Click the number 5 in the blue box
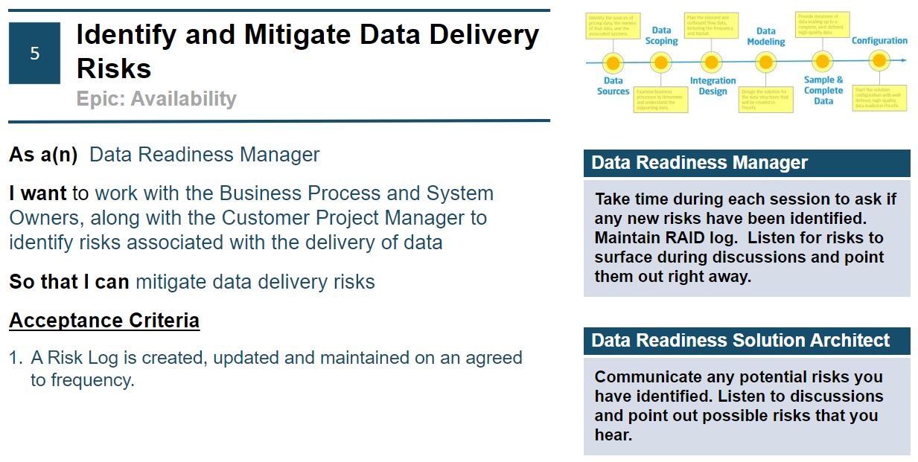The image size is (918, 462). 34,54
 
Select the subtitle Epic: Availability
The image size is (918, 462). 156,99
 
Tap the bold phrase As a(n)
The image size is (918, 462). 43,155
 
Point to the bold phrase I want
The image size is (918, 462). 38,193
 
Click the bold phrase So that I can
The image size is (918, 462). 69,282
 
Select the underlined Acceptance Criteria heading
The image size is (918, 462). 104,321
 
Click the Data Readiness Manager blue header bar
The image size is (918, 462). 746,163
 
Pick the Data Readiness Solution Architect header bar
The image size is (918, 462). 746,341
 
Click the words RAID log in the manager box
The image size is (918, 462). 702,238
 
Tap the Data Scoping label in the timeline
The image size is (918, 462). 661,36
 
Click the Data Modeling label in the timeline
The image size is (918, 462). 766,36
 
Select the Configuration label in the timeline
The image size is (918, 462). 879,41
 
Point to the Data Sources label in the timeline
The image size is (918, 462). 613,86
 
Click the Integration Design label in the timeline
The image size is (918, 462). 713,86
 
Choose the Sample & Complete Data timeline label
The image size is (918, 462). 823,90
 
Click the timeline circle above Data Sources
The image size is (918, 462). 613,62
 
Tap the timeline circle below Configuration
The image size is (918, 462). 879,61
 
